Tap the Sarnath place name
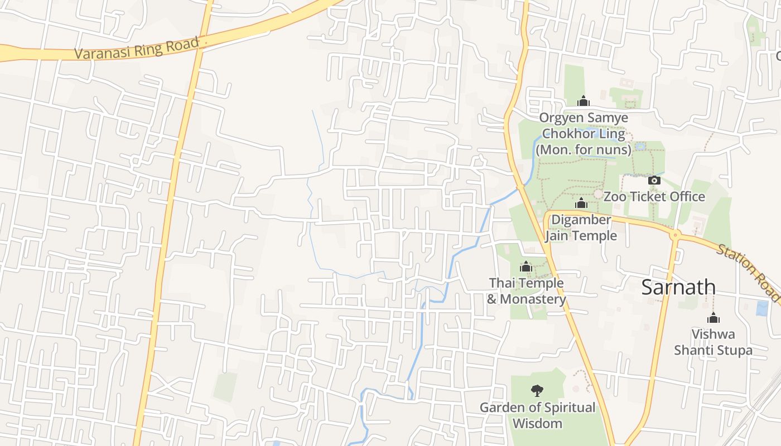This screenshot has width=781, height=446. click(x=678, y=287)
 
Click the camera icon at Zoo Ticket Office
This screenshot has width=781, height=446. click(x=654, y=180)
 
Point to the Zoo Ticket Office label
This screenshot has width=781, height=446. click(x=654, y=197)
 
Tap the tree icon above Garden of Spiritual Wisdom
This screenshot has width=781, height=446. click(x=537, y=390)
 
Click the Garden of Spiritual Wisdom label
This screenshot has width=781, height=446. click(x=537, y=415)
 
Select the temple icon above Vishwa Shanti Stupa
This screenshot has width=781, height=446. click(x=713, y=318)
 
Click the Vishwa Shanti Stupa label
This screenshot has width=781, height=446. click(x=713, y=342)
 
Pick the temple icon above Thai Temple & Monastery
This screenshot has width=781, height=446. click(x=526, y=267)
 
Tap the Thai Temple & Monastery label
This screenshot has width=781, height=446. click(x=527, y=291)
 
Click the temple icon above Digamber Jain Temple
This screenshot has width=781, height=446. click(x=581, y=203)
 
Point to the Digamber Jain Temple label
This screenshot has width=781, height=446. click(x=581, y=227)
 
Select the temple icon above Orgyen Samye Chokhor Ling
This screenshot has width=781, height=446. click(x=583, y=101)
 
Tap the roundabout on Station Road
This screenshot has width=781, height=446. click(x=675, y=235)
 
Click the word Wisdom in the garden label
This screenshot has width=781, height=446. click(x=537, y=424)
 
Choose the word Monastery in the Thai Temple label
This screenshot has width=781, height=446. click(x=533, y=299)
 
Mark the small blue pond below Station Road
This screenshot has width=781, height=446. click(x=761, y=308)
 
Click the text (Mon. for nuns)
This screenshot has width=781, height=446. click(x=584, y=150)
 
